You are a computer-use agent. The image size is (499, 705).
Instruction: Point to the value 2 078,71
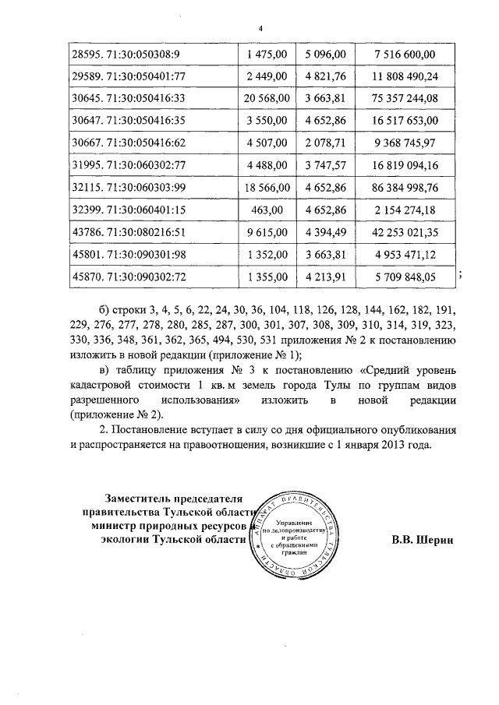pos(327,143)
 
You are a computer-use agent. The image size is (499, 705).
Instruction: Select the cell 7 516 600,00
pos(405,53)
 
